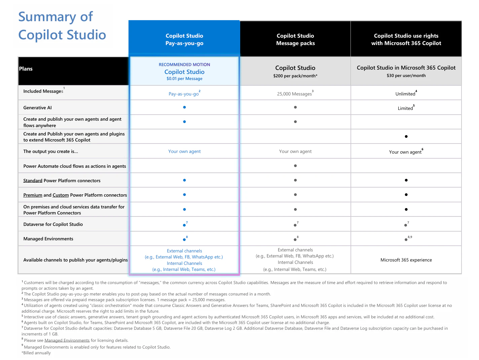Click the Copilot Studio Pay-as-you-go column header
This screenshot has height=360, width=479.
click(184, 39)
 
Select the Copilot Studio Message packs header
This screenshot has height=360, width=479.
click(295, 39)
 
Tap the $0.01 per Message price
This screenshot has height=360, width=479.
click(184, 79)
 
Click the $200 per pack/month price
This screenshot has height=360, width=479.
click(295, 76)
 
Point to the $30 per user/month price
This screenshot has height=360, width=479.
click(406, 76)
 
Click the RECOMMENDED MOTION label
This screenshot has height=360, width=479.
click(184, 65)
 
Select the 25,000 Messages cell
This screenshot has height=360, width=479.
click(294, 94)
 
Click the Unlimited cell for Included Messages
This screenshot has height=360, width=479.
click(405, 94)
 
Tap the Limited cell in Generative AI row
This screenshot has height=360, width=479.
click(405, 108)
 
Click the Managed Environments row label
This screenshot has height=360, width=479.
click(48, 239)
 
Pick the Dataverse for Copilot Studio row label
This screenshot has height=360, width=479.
click(53, 224)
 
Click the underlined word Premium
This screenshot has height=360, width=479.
click(33, 195)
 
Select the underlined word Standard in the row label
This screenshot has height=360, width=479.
click(33, 181)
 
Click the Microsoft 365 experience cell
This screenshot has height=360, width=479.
click(406, 260)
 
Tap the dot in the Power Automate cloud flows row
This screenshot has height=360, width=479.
click(295, 166)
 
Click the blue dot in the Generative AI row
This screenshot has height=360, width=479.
click(184, 107)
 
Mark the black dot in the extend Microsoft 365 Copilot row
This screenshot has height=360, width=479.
click(406, 136)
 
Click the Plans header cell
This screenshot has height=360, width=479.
click(26, 69)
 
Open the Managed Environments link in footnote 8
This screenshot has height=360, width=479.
click(67, 341)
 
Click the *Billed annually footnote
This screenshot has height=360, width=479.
click(36, 353)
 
